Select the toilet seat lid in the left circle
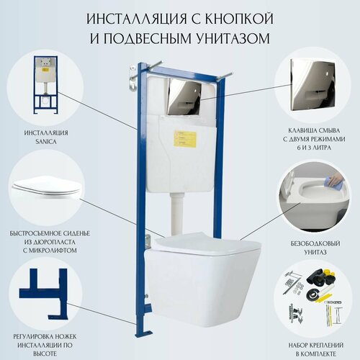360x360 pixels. point(46,186)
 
